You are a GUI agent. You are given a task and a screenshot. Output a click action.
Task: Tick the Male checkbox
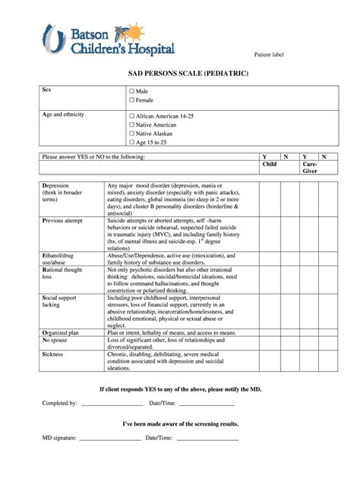[131, 91]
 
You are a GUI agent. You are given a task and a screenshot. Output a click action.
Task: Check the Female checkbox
[131, 100]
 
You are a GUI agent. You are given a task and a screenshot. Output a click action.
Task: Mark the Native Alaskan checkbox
[131, 133]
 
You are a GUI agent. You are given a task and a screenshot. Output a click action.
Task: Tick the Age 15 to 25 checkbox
[131, 142]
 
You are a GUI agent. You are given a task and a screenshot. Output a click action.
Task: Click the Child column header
[269, 164]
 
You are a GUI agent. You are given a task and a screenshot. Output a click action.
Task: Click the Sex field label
[47, 90]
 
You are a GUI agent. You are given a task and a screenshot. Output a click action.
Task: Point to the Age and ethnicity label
[64, 114]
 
